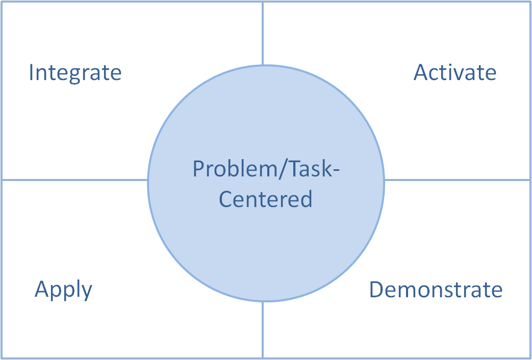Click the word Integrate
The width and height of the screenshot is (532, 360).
pos(75,73)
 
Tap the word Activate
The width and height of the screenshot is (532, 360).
pos(454,72)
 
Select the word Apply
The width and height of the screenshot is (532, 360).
pos(63,290)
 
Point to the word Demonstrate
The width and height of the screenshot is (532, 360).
pos(436,290)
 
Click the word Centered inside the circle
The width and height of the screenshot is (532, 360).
pos(265,199)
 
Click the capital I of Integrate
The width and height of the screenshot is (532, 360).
pos(31,72)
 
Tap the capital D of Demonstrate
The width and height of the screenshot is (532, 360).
pos(376,290)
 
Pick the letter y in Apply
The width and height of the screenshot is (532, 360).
pos(87,292)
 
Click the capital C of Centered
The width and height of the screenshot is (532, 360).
pos(225,199)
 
